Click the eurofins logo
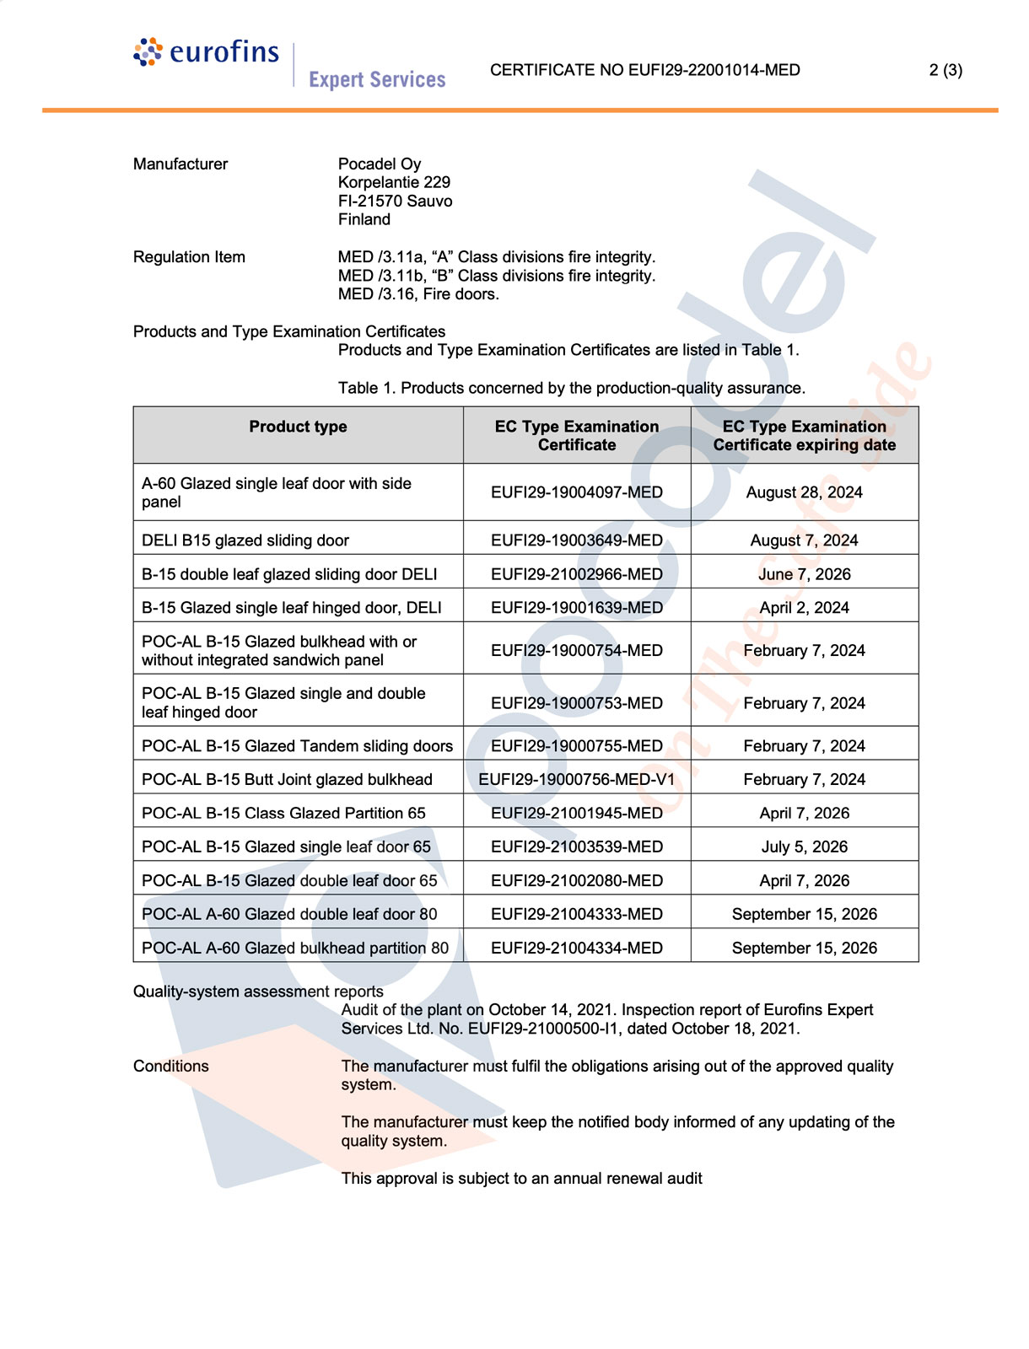[x=206, y=52]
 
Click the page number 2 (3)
[x=945, y=70]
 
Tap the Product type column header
[x=298, y=427]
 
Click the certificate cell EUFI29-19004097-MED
[x=577, y=492]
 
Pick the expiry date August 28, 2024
[x=804, y=492]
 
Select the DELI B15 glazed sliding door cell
[x=245, y=540]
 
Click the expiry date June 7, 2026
[x=804, y=574]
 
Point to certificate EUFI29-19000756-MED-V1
[x=577, y=780]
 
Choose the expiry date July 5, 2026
[x=804, y=846]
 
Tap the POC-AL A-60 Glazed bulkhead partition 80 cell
[x=295, y=948]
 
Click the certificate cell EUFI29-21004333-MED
[x=577, y=914]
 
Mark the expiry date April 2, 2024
[x=804, y=608]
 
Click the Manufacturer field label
[x=180, y=164]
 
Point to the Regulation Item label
[x=189, y=257]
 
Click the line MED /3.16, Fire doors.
[x=418, y=294]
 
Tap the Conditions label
[x=171, y=1066]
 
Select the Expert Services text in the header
[x=377, y=79]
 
